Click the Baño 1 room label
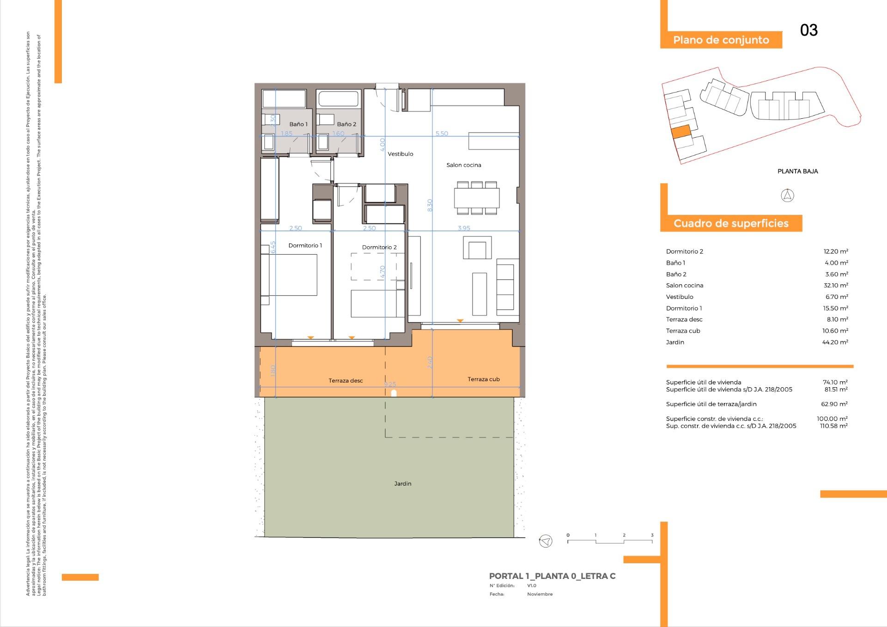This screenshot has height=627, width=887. pos(298,124)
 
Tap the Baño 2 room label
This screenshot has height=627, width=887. pos(346,124)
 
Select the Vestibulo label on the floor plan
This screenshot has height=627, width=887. pos(400,154)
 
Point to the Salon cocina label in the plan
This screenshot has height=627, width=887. pos(463,165)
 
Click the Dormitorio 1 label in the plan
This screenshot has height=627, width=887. pos(305,245)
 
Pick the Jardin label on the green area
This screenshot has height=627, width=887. pos(402,484)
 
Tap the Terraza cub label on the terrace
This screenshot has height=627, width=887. pos(483,379)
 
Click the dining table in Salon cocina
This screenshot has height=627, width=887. pos(477,198)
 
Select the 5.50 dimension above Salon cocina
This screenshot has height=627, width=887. pos(442,134)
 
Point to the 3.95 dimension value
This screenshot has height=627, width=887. pos(464,228)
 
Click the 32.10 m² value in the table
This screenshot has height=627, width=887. pos(835,286)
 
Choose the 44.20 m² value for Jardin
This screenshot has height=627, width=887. pos(835,342)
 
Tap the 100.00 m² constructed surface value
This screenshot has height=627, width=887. pos(832,419)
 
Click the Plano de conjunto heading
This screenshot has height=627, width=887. pos(721,40)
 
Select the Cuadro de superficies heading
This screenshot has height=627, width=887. pos(731,224)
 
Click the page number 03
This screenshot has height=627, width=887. pos(809,30)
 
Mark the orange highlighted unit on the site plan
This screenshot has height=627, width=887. pos(680,132)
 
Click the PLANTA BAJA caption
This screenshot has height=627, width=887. pos(797,171)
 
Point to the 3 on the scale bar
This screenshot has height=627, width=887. pos(652,536)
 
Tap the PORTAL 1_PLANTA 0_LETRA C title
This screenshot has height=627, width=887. pos(552,576)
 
